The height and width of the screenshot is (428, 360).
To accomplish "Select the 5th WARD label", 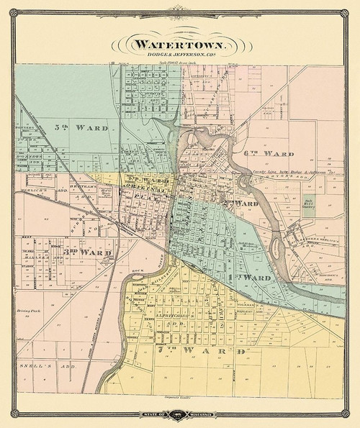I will [x=81, y=127].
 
